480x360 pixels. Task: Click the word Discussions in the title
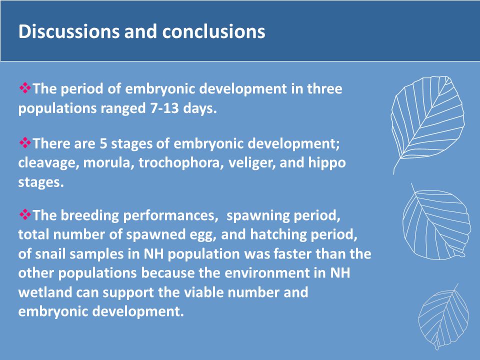pyautogui.click(x=69, y=31)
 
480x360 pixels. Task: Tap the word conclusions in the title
pyautogui.click(x=213, y=31)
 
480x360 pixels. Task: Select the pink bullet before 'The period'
pyautogui.click(x=25, y=88)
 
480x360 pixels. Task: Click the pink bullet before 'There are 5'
pyautogui.click(x=25, y=142)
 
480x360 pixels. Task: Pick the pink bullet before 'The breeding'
pyautogui.click(x=25, y=214)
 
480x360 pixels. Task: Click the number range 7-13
pyautogui.click(x=164, y=108)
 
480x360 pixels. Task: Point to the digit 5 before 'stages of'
pyautogui.click(x=103, y=143)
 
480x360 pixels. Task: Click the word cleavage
pyautogui.click(x=48, y=162)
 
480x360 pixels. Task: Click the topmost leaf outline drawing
pyautogui.click(x=427, y=125)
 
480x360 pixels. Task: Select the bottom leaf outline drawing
pyautogui.click(x=444, y=317)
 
